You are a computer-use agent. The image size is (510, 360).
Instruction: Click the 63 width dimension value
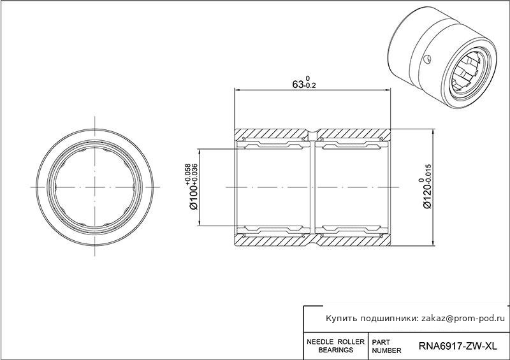(298, 85)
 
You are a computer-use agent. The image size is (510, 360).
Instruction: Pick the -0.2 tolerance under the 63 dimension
(310, 86)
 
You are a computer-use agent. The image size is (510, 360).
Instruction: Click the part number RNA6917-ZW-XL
(458, 346)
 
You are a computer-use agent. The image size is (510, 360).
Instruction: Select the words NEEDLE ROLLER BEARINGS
(336, 346)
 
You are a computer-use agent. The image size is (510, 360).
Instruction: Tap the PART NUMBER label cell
(386, 347)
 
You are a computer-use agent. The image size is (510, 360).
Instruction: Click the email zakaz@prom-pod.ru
(463, 319)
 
